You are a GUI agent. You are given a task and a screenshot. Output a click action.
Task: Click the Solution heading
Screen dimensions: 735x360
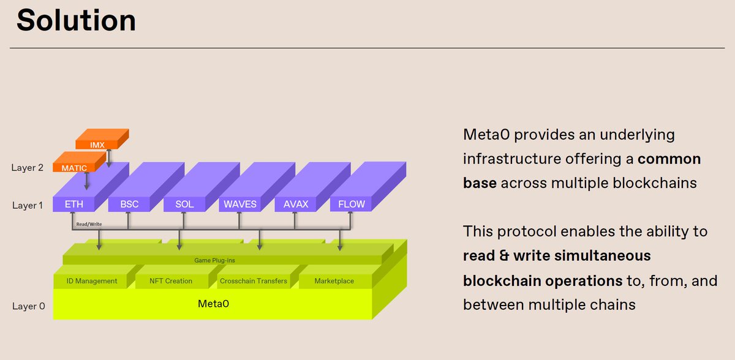[76, 20]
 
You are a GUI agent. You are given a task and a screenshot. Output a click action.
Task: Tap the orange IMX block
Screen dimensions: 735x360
[102, 139]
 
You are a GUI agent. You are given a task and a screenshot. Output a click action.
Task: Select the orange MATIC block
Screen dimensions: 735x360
[79, 162]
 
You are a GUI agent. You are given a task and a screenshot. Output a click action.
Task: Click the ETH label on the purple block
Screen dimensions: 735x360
[74, 204]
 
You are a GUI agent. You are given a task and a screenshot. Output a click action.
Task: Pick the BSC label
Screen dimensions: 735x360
[129, 204]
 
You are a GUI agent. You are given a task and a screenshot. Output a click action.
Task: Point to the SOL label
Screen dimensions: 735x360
[184, 204]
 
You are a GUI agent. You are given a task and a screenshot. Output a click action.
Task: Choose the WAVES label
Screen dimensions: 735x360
[240, 204]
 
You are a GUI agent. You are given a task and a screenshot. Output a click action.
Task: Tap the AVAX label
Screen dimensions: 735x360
[296, 204]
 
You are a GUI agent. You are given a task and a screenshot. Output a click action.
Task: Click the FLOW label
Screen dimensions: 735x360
[352, 204]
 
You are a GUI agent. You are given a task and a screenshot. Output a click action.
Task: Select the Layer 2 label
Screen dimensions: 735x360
[27, 168]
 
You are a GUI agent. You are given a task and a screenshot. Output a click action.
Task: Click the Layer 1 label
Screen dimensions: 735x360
[27, 205]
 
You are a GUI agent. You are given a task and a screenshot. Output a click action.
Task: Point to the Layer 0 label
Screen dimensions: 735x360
[28, 306]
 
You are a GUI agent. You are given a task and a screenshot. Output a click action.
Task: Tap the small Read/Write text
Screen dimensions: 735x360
[89, 224]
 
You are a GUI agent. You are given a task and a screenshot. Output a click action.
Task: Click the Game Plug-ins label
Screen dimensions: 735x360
[214, 260]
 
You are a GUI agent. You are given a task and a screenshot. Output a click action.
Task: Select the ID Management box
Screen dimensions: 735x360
[91, 281]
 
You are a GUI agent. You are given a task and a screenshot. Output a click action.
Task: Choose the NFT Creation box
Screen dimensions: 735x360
[171, 281]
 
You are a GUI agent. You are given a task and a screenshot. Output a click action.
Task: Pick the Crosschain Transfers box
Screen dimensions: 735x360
[254, 281]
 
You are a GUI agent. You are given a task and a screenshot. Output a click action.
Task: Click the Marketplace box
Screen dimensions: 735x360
[334, 281]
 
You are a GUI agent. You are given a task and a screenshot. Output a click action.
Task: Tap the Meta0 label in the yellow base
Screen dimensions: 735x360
[213, 304]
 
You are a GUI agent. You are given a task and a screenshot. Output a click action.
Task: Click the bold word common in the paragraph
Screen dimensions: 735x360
[669, 159]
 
